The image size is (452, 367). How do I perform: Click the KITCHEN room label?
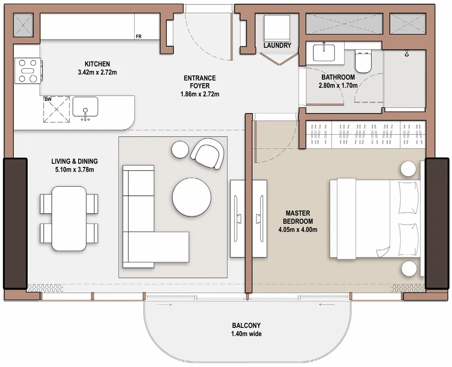(97, 64)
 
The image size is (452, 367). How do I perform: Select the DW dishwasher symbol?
(56, 109)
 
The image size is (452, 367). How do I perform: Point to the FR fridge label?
(138, 37)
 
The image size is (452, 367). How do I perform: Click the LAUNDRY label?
(277, 45)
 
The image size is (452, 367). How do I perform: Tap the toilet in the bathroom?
(364, 62)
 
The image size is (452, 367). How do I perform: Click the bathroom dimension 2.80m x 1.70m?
(339, 85)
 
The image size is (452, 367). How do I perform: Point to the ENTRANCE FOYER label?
(200, 82)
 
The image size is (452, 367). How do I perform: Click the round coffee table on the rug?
(191, 196)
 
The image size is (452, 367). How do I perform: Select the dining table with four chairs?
(69, 218)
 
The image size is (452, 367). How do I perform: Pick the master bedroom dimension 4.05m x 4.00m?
(298, 230)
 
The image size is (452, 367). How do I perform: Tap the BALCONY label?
(246, 325)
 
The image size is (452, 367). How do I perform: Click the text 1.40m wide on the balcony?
(246, 334)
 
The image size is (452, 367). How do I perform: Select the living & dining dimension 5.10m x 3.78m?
(74, 170)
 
